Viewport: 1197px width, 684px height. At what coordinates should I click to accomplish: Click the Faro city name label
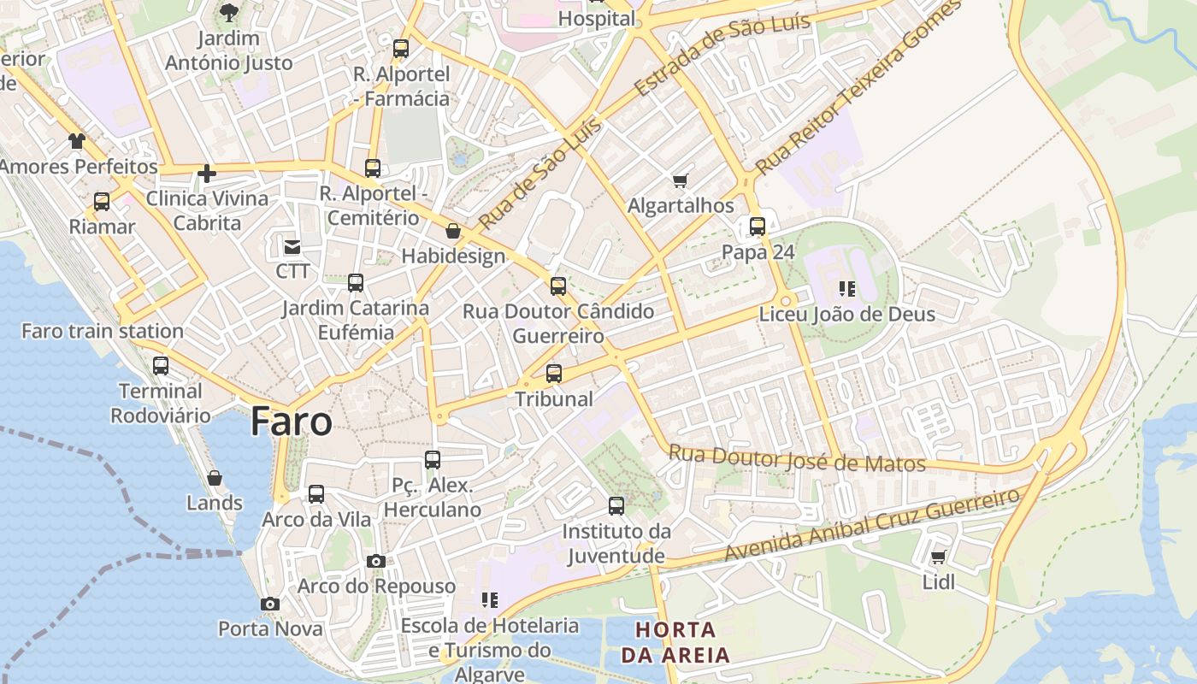pos(292,422)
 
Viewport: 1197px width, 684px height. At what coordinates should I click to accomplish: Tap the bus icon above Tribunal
pos(554,374)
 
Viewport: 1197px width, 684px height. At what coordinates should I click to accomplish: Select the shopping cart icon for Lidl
pos(938,558)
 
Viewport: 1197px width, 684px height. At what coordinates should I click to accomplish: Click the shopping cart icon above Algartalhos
pos(681,180)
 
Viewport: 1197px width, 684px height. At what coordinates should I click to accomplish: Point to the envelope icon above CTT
pos(292,247)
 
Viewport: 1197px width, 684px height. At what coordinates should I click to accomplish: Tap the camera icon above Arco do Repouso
pos(375,562)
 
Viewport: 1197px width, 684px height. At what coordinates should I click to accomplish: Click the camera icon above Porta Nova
pos(270,604)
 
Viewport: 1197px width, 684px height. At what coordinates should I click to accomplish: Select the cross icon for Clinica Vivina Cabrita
pos(206,174)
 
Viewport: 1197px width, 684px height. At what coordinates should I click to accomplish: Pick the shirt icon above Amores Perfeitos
pos(77,141)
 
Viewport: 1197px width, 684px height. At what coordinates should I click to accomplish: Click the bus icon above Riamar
pos(102,203)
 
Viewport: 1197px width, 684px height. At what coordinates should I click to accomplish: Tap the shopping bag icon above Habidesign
pos(453,232)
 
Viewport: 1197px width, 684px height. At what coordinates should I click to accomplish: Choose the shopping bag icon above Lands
pos(215,478)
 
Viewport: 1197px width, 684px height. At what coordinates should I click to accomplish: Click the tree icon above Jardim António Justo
pos(228,13)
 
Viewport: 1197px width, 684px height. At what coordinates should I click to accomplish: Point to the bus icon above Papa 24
pos(758,227)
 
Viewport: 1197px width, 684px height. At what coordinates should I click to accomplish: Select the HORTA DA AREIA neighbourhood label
pos(675,643)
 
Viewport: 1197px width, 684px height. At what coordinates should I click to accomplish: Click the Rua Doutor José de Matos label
pos(797,459)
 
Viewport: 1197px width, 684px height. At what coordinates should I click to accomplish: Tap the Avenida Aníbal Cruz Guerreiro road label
pos(872,524)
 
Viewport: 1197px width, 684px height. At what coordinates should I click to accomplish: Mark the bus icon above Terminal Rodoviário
pos(161,367)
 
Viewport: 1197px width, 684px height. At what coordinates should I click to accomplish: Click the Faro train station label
pos(103,331)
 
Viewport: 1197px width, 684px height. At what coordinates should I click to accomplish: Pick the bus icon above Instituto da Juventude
pos(616,506)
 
